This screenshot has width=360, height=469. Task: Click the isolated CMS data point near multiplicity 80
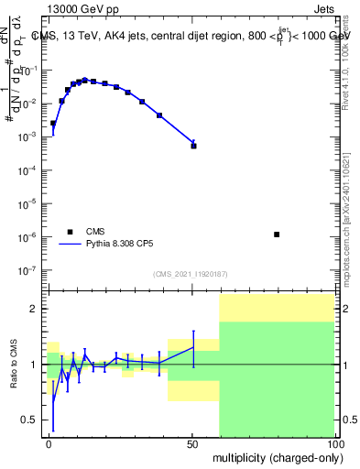pyautogui.click(x=277, y=234)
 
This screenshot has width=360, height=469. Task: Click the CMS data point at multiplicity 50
pyautogui.click(x=193, y=146)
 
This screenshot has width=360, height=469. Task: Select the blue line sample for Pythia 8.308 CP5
pyautogui.click(x=69, y=245)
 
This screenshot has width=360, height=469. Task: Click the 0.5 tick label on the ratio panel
pyautogui.click(x=29, y=420)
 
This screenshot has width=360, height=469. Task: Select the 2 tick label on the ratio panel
pyautogui.click(x=35, y=309)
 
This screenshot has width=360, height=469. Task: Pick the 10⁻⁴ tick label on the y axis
pyautogui.click(x=27, y=169)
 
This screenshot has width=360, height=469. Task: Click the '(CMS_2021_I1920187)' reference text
pyautogui.click(x=190, y=275)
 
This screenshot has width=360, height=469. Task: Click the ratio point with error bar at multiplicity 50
pyautogui.click(x=193, y=345)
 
